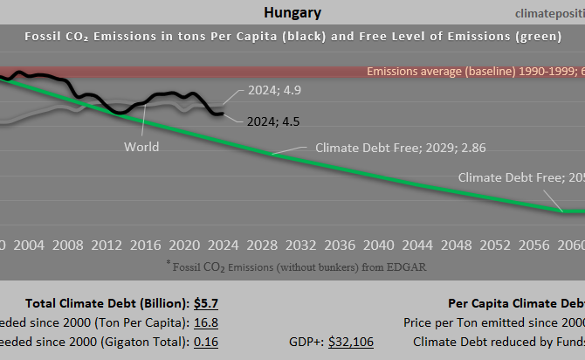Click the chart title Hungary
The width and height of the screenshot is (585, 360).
coord(292,12)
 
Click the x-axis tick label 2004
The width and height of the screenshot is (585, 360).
coord(30,243)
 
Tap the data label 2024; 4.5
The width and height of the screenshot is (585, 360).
coord(273,121)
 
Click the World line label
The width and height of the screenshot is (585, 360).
coord(141,146)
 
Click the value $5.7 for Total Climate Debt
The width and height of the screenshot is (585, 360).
coord(206,303)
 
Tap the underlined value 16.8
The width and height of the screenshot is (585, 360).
coord(206,322)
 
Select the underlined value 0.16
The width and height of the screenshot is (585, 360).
coord(206,342)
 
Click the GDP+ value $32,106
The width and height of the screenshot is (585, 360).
coord(350,342)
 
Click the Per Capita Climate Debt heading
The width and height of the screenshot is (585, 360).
coord(515,303)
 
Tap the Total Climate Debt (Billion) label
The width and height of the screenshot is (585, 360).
coord(107,303)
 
